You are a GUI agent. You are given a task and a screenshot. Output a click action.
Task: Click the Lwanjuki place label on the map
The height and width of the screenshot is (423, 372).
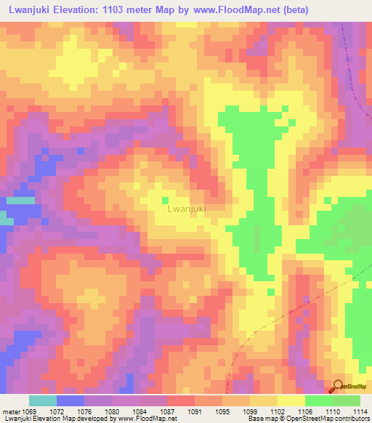coord(187,209)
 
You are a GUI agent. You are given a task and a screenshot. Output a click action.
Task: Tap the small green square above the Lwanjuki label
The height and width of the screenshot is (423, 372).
coord(165,200)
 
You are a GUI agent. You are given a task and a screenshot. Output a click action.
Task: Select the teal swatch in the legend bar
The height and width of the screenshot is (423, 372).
coord(42,400)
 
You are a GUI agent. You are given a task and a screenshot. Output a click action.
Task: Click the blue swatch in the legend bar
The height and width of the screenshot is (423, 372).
coord(70,400)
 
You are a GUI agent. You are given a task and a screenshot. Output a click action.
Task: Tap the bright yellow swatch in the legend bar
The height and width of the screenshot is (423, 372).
coord(291,400)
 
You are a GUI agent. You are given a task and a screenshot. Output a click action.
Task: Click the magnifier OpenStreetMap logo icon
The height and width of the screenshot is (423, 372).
coord(338,387)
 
